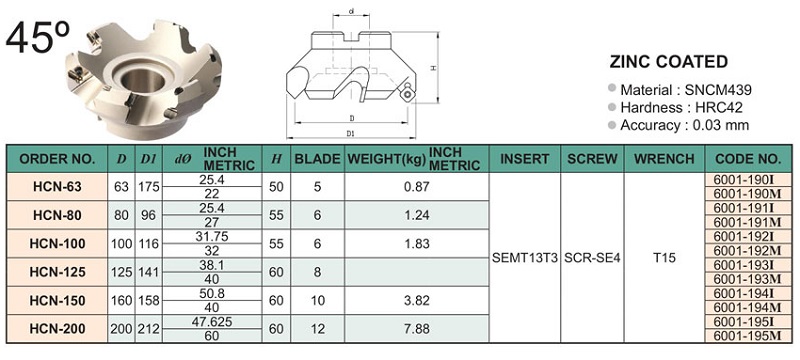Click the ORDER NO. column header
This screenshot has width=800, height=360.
click(57, 159)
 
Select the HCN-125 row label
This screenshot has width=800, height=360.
click(57, 272)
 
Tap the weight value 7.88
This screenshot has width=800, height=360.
click(416, 329)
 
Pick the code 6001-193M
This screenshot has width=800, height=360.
click(747, 279)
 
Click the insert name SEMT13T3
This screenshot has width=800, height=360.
click(524, 258)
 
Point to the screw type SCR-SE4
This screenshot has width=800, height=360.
click(592, 258)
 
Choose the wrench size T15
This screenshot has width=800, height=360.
click(664, 258)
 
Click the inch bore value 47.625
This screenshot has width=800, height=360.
click(212, 322)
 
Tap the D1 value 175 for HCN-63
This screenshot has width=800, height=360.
click(148, 187)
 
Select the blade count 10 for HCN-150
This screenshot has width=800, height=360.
click(317, 301)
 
